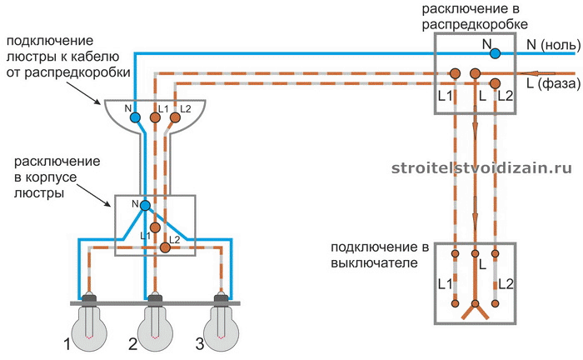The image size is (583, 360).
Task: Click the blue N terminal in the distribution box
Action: pos(495,53)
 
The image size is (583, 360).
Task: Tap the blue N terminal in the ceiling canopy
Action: pos(135,117)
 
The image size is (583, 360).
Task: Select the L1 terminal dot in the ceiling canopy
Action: pos(155,117)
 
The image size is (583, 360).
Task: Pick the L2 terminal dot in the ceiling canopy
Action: pos(175,117)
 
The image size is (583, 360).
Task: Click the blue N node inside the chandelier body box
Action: pos(145,205)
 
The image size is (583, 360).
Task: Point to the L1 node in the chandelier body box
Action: pos(155,227)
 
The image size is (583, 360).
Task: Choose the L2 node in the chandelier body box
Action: pos(165,247)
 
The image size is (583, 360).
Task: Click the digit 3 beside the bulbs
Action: pos(200,344)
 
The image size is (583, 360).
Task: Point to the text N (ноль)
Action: pos(554,45)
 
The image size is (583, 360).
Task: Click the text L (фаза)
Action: pos(554,83)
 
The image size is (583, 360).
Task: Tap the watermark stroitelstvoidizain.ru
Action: pos(482,168)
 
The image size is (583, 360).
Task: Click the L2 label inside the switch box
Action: pos(506,284)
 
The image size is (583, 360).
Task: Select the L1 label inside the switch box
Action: pos(445,284)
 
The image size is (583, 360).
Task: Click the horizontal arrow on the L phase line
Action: pos(538,73)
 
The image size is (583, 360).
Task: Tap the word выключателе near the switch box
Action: pos(375,263)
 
